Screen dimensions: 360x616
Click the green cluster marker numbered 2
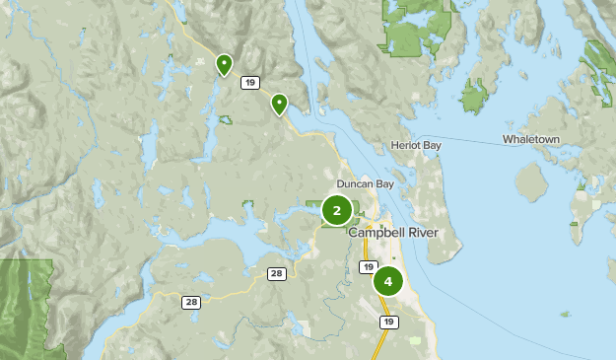point(336,210)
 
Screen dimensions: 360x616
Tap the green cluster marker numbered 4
point(388,281)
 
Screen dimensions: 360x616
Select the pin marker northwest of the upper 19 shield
point(225,65)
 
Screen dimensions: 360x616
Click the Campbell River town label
point(391,233)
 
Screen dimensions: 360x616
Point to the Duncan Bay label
point(365,183)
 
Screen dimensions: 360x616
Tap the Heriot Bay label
point(415,145)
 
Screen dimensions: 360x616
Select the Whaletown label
point(530,139)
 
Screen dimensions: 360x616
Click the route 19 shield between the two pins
point(251,83)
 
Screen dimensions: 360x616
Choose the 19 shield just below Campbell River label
point(369,267)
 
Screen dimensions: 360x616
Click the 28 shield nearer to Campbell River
point(276,273)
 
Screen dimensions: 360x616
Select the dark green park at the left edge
point(25,306)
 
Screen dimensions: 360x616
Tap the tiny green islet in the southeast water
point(565,315)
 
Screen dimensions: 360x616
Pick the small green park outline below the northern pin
point(227,120)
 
